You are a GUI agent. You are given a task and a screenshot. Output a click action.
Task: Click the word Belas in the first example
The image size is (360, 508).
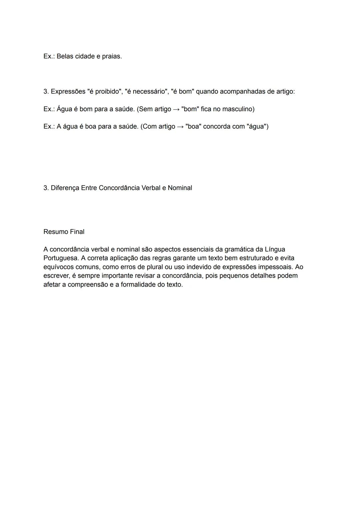click(65, 56)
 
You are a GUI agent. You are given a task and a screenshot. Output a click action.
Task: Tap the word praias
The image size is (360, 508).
click(111, 56)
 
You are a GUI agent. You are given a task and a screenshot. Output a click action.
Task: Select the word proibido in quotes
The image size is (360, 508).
click(107, 91)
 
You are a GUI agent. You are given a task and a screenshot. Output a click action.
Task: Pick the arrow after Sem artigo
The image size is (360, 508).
click(176, 109)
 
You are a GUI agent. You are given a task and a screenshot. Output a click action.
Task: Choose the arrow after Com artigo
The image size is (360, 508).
click(180, 127)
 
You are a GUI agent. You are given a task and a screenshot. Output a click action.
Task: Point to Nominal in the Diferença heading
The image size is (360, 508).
click(180, 188)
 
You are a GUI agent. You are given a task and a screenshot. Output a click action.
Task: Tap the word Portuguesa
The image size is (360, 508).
click(60, 258)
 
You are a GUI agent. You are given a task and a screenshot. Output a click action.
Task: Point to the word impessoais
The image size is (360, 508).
click(276, 267)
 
